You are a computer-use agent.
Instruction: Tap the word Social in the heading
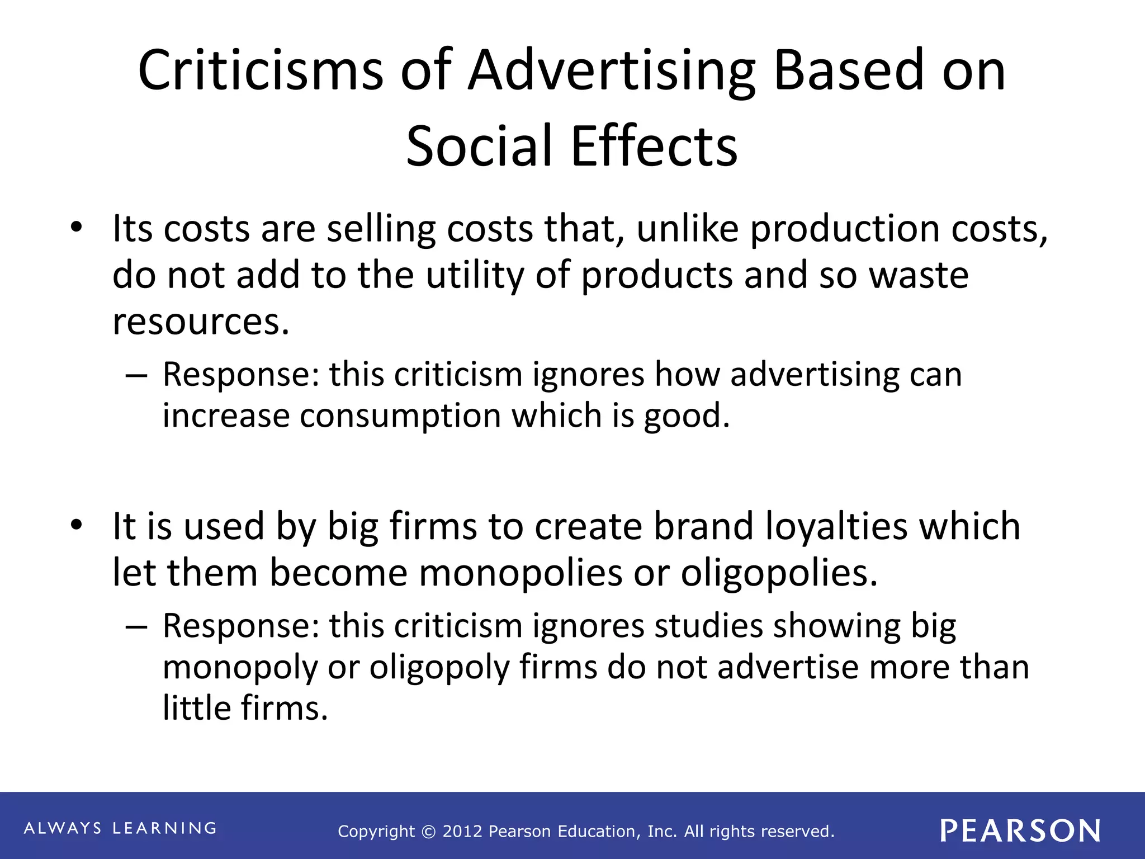point(479,146)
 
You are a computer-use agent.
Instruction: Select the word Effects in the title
point(654,146)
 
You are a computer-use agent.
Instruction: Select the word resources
point(201,322)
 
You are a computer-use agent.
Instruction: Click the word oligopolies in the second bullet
point(779,573)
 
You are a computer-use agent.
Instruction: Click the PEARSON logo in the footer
point(1020,830)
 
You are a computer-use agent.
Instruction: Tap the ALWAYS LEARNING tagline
point(120,828)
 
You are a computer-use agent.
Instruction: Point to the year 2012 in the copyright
point(462,832)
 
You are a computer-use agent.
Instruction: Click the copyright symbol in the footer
point(428,832)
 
